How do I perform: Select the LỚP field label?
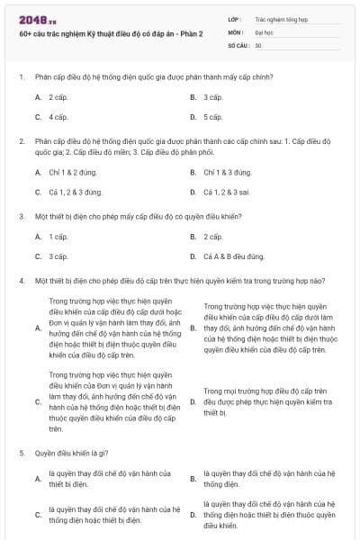[235, 18]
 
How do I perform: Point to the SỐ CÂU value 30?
[258, 45]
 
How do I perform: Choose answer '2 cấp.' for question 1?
[58, 96]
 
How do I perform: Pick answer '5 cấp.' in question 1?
[212, 117]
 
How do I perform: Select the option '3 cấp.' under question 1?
[212, 96]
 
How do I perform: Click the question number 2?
[21, 142]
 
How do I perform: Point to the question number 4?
[21, 282]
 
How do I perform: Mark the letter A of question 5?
[38, 480]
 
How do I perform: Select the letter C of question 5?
[38, 515]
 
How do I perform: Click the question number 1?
[21, 76]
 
